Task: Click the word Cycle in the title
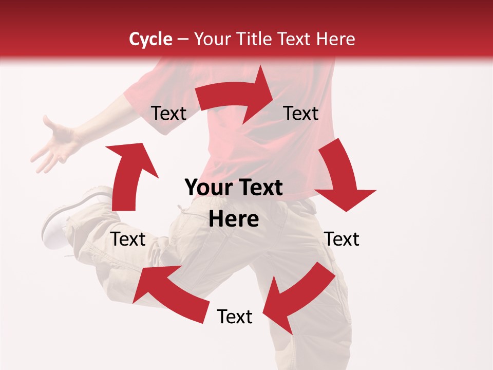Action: tap(150, 39)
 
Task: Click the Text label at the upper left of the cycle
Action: tap(168, 113)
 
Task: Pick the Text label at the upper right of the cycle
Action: tap(301, 113)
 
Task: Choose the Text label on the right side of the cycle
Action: tap(342, 239)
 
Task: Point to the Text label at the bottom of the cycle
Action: tap(235, 317)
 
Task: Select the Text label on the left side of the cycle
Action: tap(128, 239)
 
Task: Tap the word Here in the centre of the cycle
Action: tap(234, 219)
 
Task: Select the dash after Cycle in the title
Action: tap(182, 39)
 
